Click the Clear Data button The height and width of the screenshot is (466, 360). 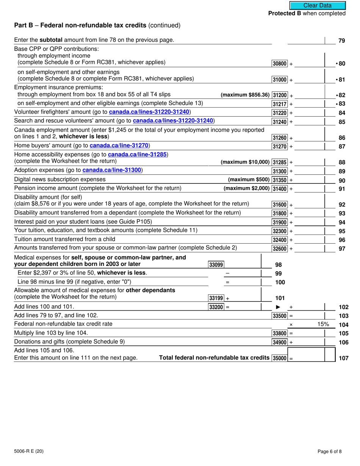click(x=317, y=5)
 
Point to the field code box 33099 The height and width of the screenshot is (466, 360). click(x=216, y=265)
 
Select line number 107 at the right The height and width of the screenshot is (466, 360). click(x=343, y=358)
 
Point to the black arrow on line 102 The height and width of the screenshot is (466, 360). click(x=278, y=307)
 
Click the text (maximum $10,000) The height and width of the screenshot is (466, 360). click(x=245, y=162)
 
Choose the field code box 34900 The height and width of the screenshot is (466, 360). click(x=280, y=342)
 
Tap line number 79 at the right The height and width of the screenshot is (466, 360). click(x=341, y=41)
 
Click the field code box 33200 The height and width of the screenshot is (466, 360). click(x=216, y=307)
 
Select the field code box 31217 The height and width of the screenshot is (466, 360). click(x=280, y=104)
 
